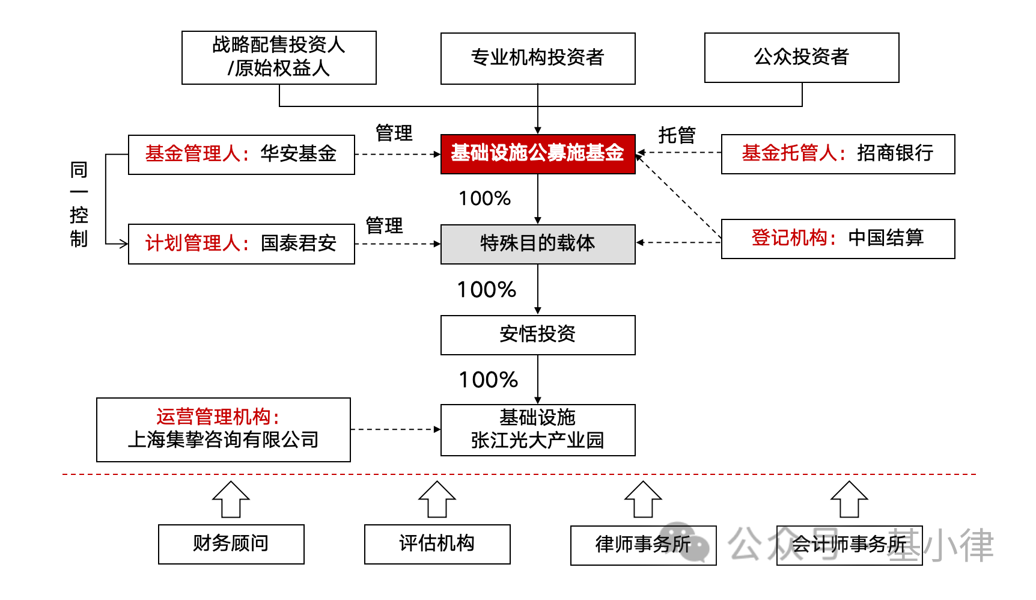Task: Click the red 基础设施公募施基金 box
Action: click(x=538, y=154)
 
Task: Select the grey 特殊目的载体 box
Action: click(x=538, y=244)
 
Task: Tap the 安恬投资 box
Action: click(x=538, y=335)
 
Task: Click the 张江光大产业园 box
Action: click(x=538, y=430)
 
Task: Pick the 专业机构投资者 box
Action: click(x=538, y=58)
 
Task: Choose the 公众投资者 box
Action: click(x=802, y=58)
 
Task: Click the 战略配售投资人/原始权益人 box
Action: click(x=279, y=58)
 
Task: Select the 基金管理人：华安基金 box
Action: click(x=242, y=155)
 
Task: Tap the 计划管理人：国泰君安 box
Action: click(x=242, y=243)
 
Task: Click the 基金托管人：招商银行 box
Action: click(x=838, y=154)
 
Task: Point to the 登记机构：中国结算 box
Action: click(x=838, y=239)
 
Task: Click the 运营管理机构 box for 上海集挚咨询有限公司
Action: click(x=224, y=430)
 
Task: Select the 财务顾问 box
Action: click(x=231, y=544)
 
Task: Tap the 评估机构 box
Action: click(x=437, y=544)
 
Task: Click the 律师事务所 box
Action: click(x=644, y=545)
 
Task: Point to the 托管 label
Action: click(x=677, y=135)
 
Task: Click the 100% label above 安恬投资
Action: click(x=487, y=290)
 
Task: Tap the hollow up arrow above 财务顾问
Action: click(x=231, y=499)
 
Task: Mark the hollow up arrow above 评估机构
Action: click(x=437, y=499)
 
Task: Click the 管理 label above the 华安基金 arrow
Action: click(x=394, y=133)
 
